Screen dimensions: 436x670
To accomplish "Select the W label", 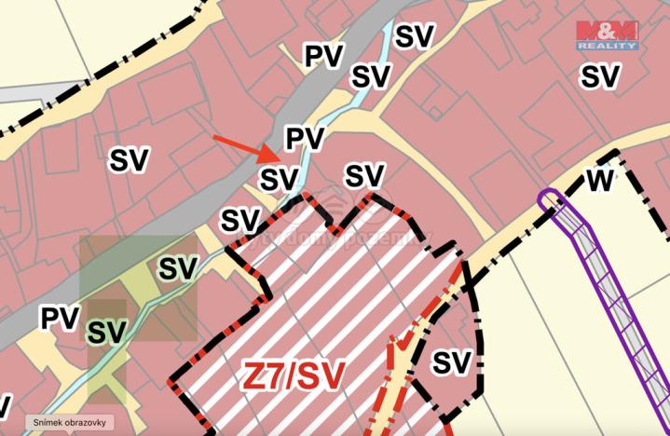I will pos(600,180).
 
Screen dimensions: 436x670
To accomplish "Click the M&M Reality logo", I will pos(607,34).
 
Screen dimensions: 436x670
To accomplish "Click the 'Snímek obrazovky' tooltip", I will pos(70,422).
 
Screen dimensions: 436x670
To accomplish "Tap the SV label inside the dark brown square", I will pos(107,331).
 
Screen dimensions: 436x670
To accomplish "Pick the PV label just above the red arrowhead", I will pos(304,139).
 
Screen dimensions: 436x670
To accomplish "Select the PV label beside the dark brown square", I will pos(59,318).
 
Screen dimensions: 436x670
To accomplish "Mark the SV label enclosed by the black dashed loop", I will pos(451,362).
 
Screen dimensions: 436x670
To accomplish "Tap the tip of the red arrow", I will pos(275,159).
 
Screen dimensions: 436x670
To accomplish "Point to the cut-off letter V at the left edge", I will pos(5,406).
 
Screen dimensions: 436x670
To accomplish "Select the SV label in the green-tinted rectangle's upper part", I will pos(177,267).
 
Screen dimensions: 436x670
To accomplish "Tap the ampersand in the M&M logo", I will pos(607,29).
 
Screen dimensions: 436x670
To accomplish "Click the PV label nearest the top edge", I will pos(323,55).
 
